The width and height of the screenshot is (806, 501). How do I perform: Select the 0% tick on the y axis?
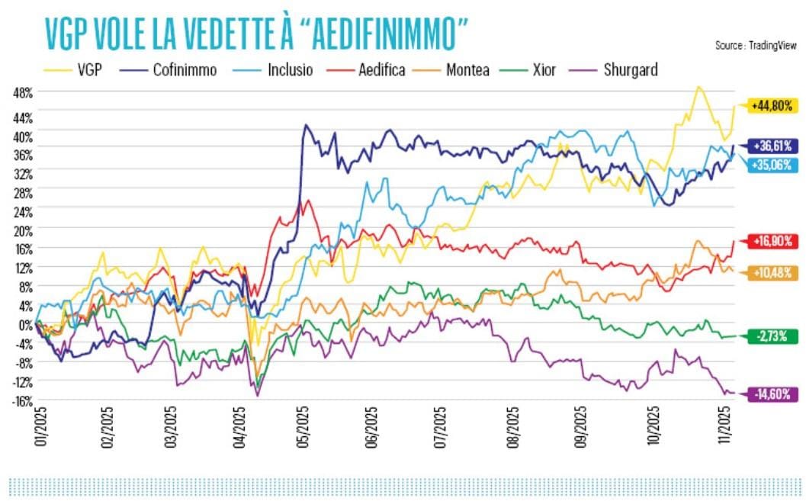pos(24,323)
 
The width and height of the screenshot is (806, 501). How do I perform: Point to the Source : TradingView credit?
pos(756,46)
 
